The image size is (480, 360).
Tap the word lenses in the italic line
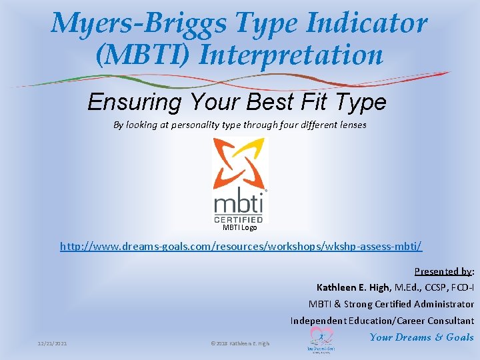(351, 125)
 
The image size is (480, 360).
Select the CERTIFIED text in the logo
(239, 217)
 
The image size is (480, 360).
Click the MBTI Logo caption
(239, 227)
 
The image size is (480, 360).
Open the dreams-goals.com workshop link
(241, 246)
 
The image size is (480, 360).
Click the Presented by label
(443, 271)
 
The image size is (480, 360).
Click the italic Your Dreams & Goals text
(421, 337)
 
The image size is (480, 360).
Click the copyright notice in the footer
(240, 343)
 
